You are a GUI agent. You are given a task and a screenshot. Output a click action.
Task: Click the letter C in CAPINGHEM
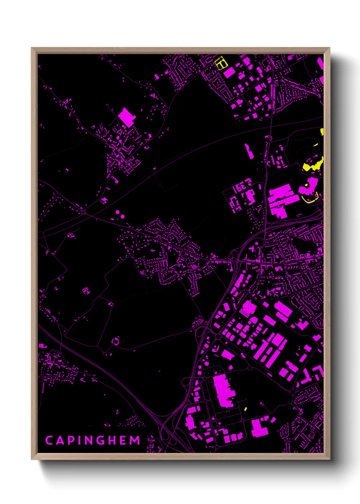tap(49, 440)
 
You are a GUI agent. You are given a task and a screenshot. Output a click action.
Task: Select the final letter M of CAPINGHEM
tap(135, 440)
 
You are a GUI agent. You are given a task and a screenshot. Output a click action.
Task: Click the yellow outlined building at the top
tap(221, 63)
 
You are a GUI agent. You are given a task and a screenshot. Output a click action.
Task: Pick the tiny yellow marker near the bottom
tap(246, 408)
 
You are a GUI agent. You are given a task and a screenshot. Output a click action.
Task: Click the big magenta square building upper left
tap(127, 117)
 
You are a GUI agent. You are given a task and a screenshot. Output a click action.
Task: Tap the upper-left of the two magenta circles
tap(118, 212)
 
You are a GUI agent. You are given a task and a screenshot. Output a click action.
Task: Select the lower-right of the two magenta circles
tap(122, 216)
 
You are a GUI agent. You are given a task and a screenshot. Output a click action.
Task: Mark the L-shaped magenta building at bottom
tap(258, 427)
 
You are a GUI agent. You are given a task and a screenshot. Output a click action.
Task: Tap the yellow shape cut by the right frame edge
tap(322, 132)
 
